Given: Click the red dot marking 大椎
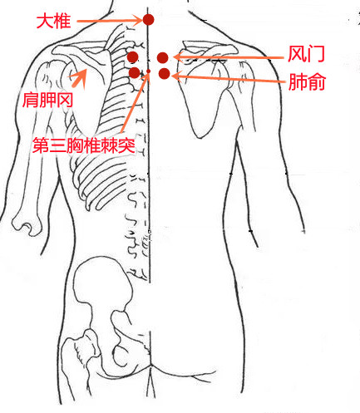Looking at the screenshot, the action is click(148, 20).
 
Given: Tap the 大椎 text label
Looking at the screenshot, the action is click(53, 21).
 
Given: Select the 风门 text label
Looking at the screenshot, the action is click(306, 54).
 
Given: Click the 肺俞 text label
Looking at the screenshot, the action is click(307, 82).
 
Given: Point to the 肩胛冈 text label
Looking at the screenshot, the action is click(47, 100).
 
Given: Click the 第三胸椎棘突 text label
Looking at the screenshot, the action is click(84, 145).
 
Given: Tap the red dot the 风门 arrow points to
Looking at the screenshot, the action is click(162, 58).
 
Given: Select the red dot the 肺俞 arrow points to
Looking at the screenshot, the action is click(165, 73).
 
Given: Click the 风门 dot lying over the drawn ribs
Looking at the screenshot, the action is click(133, 57).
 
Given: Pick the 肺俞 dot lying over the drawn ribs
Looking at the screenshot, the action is click(135, 72).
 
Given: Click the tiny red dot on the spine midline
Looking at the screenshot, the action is click(148, 71).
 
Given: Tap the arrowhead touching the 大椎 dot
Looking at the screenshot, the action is click(138, 20).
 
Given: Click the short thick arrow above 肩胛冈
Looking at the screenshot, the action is click(78, 77).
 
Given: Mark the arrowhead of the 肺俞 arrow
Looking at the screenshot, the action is click(177, 76).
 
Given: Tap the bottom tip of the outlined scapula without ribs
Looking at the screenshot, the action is click(200, 137).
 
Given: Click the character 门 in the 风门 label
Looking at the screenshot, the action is click(316, 54).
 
